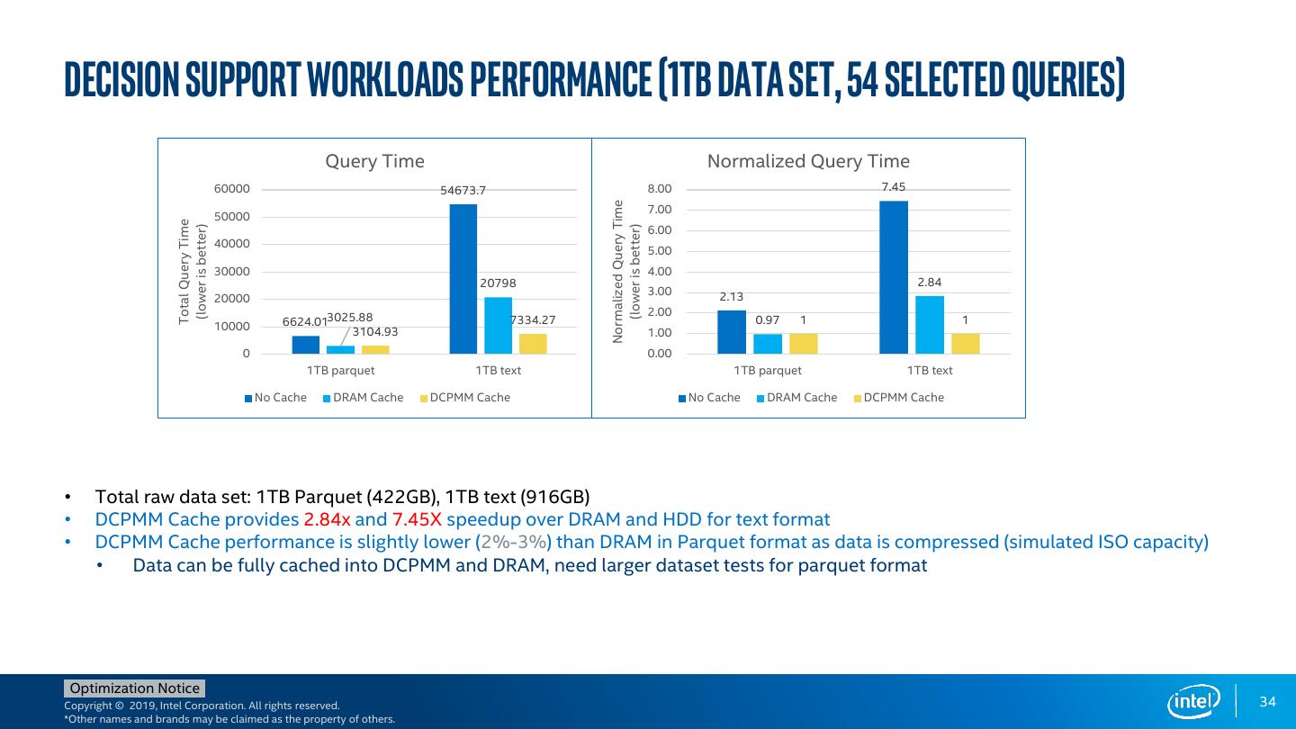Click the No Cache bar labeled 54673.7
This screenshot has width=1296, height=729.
[x=463, y=278]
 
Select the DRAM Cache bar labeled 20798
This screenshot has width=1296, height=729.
[x=498, y=325]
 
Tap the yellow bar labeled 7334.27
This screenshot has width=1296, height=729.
[x=533, y=343]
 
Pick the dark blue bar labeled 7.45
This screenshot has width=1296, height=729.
[x=894, y=276]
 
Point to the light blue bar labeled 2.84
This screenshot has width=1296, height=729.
[x=930, y=324]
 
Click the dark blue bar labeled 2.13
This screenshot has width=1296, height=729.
[x=732, y=331]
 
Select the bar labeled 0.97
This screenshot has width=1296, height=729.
[x=768, y=343]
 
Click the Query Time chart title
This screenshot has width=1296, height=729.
[x=374, y=161]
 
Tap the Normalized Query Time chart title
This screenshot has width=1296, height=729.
[x=808, y=161]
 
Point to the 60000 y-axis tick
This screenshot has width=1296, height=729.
[x=231, y=189]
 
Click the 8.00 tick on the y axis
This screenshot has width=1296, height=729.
[x=660, y=189]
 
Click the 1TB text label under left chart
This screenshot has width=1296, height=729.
[x=498, y=370]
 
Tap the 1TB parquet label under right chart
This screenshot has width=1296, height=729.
[x=768, y=370]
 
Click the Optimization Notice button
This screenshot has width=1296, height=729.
[x=135, y=688]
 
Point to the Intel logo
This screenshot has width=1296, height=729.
[x=1193, y=701]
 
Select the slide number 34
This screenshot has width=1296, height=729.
[x=1268, y=702]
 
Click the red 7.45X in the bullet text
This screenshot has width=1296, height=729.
[x=417, y=519]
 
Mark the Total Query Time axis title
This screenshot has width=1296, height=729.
[x=185, y=270]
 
